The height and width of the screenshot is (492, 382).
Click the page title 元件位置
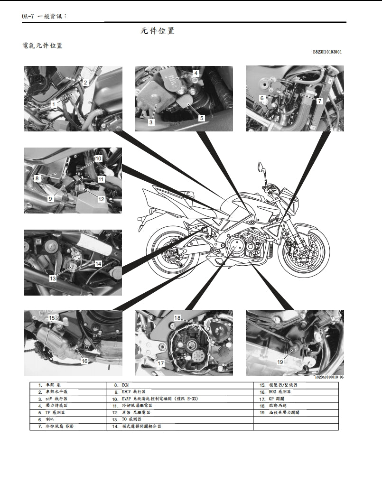tap(158, 31)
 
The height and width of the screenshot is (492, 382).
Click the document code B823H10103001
tap(327, 52)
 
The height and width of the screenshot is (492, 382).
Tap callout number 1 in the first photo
tap(54, 103)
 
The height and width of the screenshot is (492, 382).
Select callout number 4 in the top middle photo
tap(195, 73)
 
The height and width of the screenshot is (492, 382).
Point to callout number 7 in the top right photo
tap(319, 101)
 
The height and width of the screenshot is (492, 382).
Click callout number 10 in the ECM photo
tap(98, 158)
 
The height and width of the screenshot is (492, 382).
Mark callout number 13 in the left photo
tap(53, 278)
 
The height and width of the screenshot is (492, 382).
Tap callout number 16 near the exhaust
tap(84, 361)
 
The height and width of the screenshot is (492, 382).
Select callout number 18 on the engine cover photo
tap(177, 318)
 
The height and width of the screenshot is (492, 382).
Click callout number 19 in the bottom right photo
tap(280, 362)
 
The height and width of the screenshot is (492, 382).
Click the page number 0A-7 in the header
tap(29, 16)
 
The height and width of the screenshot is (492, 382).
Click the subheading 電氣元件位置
tap(42, 46)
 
